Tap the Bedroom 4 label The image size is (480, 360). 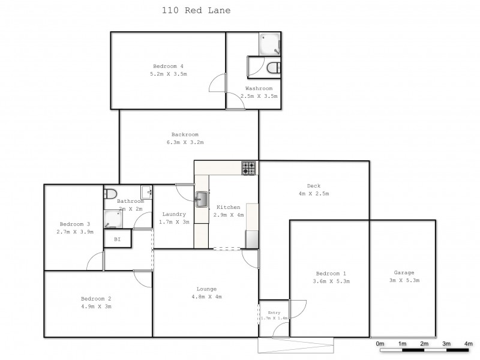pos(168,66)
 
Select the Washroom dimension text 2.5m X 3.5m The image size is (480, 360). pos(259,96)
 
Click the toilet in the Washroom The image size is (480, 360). pos(273,67)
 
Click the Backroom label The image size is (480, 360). pos(185,134)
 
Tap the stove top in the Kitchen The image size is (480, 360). pos(248,168)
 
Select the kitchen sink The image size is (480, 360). pos(202,198)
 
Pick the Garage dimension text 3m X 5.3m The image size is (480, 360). pos(404,280)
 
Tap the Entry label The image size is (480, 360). pos(274,313)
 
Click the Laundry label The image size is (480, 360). pos(174,214)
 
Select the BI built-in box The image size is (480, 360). pos(117,239)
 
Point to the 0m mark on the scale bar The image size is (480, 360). pos(380,344)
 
